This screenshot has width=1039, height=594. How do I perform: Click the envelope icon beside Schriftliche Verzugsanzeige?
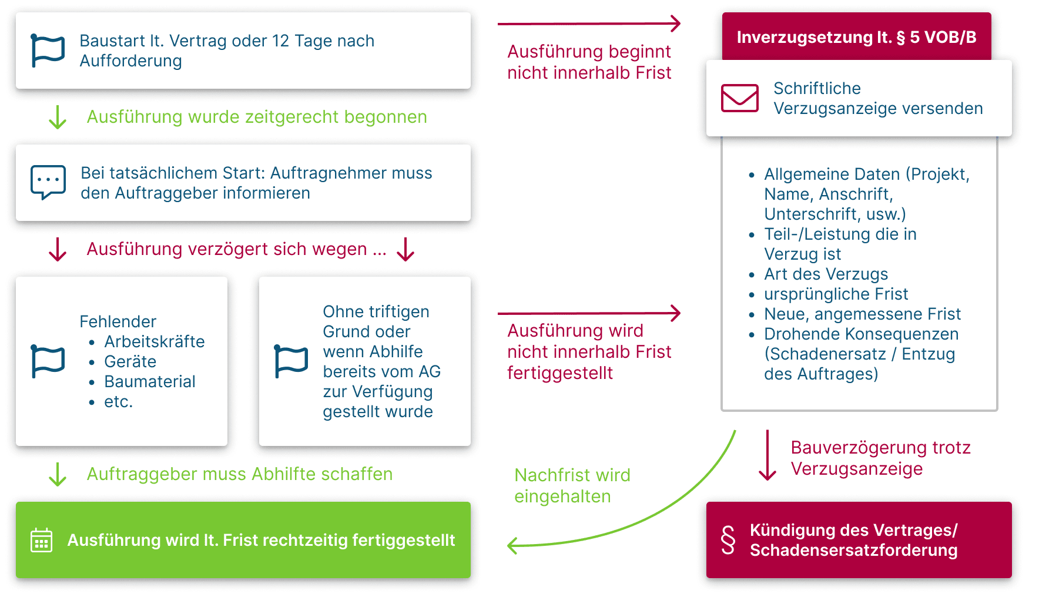point(739,98)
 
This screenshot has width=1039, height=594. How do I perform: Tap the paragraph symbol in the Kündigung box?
point(728,540)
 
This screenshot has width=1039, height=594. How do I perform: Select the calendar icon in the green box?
point(41,540)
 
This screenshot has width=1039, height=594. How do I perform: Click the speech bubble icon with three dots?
point(48,182)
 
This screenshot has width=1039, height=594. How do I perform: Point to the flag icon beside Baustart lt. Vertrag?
point(48,51)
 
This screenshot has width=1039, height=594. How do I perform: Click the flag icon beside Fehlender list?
point(48,361)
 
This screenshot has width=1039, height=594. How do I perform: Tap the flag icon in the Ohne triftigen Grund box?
point(291,361)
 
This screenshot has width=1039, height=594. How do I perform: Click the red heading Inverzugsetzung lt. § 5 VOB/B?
point(856,37)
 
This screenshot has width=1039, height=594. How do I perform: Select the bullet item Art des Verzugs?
point(825,274)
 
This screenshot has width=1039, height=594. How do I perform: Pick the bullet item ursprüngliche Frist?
point(835,294)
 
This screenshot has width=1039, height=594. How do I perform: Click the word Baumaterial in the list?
point(149,381)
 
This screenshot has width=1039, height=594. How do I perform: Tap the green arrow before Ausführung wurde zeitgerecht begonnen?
point(58,117)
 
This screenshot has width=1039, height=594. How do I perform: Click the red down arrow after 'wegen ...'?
point(405,249)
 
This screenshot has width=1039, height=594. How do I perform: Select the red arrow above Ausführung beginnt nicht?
point(589,24)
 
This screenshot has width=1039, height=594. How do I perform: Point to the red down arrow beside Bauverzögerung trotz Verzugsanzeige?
point(767,456)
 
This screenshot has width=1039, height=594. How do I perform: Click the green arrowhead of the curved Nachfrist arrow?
point(512,546)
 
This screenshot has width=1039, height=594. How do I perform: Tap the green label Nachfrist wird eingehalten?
point(572,485)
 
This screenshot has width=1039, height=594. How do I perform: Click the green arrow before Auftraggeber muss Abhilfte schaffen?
point(58,474)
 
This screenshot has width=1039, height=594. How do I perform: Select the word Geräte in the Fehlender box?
point(130,361)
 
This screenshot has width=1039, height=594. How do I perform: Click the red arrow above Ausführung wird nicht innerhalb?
point(589,313)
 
